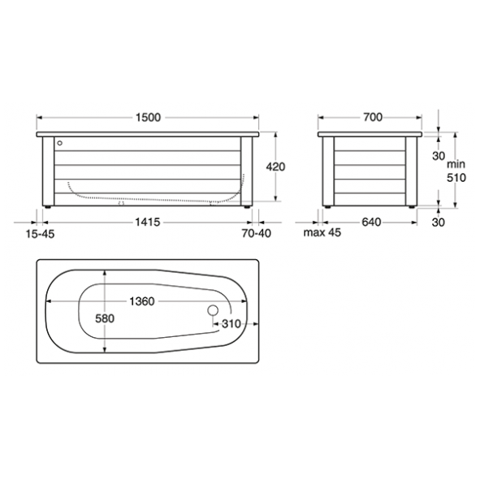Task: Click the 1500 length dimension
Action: pyautogui.click(x=148, y=118)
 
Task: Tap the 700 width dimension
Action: pyautogui.click(x=373, y=117)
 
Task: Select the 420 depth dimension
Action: pyautogui.click(x=275, y=166)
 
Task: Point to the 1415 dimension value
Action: pyautogui.click(x=148, y=223)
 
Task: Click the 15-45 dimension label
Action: pyautogui.click(x=40, y=234)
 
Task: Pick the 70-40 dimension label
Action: pyautogui.click(x=256, y=234)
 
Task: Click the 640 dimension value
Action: pyautogui.click(x=371, y=223)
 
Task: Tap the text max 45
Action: pyautogui.click(x=322, y=232)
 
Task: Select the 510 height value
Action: pyautogui.click(x=456, y=178)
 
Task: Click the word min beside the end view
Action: pyautogui.click(x=456, y=164)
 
